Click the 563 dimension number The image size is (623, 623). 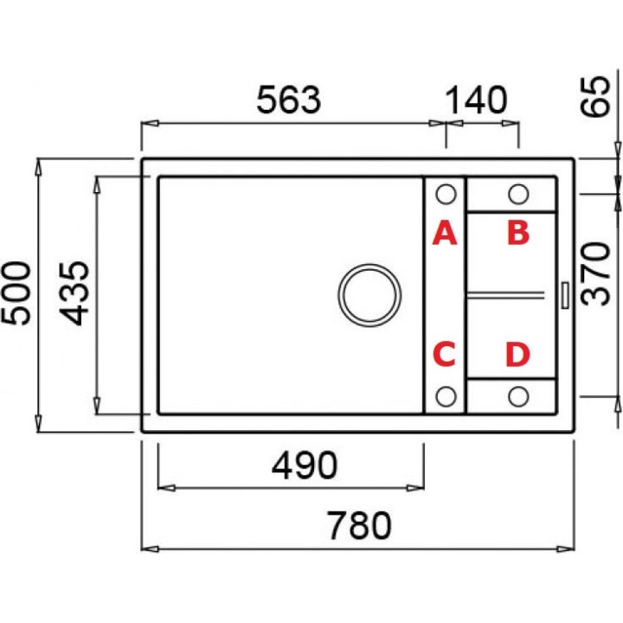click(x=288, y=100)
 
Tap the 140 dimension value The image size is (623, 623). click(x=477, y=100)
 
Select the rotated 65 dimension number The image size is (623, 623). click(x=594, y=97)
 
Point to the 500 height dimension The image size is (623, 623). click(x=16, y=293)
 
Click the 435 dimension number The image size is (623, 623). click(x=74, y=293)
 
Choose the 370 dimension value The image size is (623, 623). click(x=594, y=273)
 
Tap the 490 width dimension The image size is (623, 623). click(x=305, y=465)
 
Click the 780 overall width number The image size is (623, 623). click(x=359, y=525)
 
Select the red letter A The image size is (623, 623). click(x=445, y=234)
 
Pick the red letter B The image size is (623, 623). click(x=518, y=233)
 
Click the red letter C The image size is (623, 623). click(x=444, y=354)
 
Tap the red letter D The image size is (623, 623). click(x=517, y=354)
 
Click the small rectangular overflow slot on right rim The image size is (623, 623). click(x=565, y=295)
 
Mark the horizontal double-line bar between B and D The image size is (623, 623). click(x=505, y=294)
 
